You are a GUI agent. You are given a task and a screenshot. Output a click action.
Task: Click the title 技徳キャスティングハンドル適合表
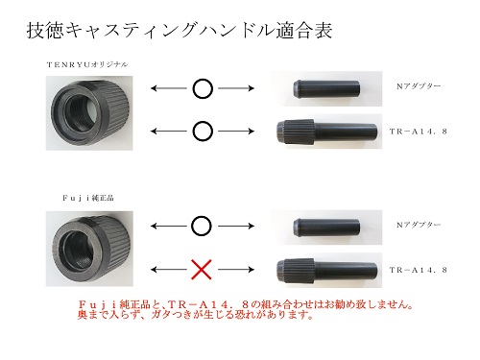(180, 31)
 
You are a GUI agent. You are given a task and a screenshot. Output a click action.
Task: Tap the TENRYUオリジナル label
(87, 64)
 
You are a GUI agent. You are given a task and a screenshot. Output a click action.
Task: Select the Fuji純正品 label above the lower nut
(88, 198)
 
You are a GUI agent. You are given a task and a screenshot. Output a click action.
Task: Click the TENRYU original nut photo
(89, 113)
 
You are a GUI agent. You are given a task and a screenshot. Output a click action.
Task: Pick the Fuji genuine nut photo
(89, 249)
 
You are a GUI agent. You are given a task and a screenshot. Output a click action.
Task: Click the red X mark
(202, 270)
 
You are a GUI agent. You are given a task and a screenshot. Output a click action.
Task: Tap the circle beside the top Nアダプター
(203, 88)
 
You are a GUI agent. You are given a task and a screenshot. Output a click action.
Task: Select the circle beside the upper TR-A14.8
(203, 132)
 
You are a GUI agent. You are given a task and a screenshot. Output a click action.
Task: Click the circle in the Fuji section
(202, 226)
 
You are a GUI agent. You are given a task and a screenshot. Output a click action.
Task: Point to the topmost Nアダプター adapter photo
(325, 88)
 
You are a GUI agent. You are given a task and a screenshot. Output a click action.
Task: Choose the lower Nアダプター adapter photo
(325, 228)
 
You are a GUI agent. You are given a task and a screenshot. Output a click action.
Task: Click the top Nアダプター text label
(419, 86)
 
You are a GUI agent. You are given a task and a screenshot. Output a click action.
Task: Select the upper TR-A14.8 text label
(418, 132)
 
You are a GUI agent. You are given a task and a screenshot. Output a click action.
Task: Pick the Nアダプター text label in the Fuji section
(419, 225)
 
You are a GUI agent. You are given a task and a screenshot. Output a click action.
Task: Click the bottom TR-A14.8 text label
(418, 270)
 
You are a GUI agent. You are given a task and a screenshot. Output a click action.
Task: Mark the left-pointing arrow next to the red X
(168, 270)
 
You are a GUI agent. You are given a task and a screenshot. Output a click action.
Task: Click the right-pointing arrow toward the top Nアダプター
(236, 88)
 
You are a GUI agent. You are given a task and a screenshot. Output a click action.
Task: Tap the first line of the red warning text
(246, 304)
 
